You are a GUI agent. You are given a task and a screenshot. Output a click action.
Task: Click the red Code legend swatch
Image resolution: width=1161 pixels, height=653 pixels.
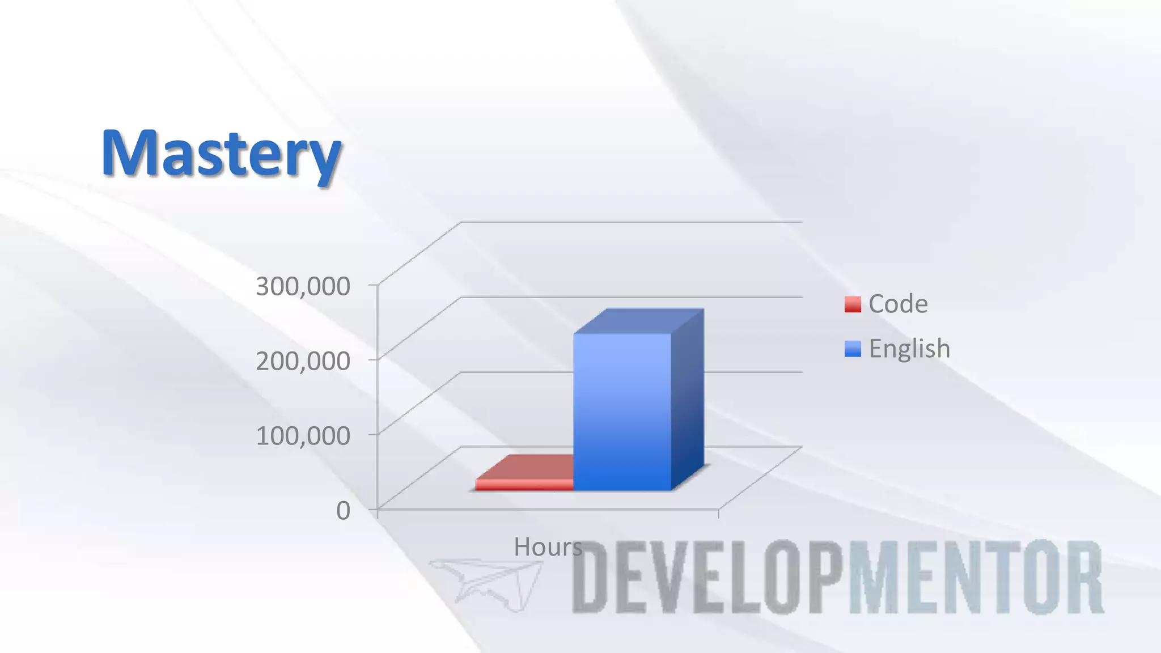tap(852, 304)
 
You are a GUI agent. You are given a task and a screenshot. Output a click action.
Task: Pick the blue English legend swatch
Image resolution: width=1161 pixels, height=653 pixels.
tap(852, 349)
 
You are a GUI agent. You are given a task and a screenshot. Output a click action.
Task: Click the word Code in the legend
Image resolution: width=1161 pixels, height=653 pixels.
tap(898, 304)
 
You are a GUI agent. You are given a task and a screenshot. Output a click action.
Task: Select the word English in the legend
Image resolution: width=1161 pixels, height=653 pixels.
tap(909, 349)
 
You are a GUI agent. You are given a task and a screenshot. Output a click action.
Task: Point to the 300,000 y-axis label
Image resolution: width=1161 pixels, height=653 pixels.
tap(303, 286)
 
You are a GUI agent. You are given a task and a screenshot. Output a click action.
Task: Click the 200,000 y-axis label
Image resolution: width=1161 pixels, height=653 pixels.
tap(303, 361)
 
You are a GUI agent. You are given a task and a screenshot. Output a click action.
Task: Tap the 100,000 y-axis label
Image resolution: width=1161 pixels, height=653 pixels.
tap(303, 436)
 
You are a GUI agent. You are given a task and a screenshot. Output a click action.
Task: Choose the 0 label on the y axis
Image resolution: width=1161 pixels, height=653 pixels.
tap(343, 511)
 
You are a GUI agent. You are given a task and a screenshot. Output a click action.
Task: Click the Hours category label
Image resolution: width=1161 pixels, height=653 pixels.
tap(548, 547)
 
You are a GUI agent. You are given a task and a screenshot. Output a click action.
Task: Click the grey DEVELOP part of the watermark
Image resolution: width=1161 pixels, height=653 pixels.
tap(709, 577)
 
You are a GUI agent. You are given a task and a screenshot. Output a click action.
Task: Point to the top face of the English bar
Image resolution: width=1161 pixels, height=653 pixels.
tap(639, 321)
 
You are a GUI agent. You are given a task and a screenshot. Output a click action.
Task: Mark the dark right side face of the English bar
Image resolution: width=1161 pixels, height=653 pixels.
tap(688, 400)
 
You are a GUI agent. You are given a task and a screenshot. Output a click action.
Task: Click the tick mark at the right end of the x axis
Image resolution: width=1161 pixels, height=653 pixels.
tap(718, 514)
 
